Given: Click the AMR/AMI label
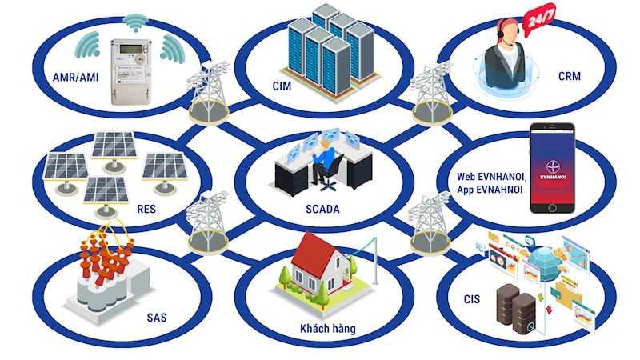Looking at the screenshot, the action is pos(75,77).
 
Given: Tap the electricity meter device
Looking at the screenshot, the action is pos(130,72).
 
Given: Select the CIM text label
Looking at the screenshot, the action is pos(282,86).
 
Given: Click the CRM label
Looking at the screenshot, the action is pos(569,76).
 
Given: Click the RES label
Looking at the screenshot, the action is pos(146,210).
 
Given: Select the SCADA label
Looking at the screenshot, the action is pos(322,209).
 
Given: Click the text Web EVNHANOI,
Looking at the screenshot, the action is pos(492,177).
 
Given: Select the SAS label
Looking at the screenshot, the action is pos(157,318).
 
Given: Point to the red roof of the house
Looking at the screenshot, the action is pos(314,249).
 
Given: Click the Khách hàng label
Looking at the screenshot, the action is pos(328,329).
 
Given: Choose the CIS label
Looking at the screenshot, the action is pos(472,299).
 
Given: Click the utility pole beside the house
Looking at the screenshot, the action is pos(374,262).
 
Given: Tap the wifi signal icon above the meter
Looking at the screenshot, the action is pos(135,22).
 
